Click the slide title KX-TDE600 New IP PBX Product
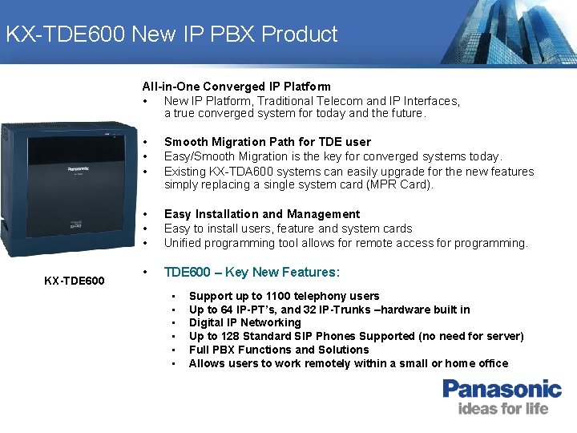coord(171,34)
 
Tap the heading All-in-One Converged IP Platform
coord(236,87)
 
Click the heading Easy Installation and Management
coord(261,214)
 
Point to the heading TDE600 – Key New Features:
coord(252,272)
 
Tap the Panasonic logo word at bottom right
coord(502,389)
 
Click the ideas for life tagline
coord(503,409)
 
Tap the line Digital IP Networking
coord(244,322)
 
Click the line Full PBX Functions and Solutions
coord(279,350)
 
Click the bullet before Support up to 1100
coord(174,296)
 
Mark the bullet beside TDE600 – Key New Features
coord(145,272)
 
